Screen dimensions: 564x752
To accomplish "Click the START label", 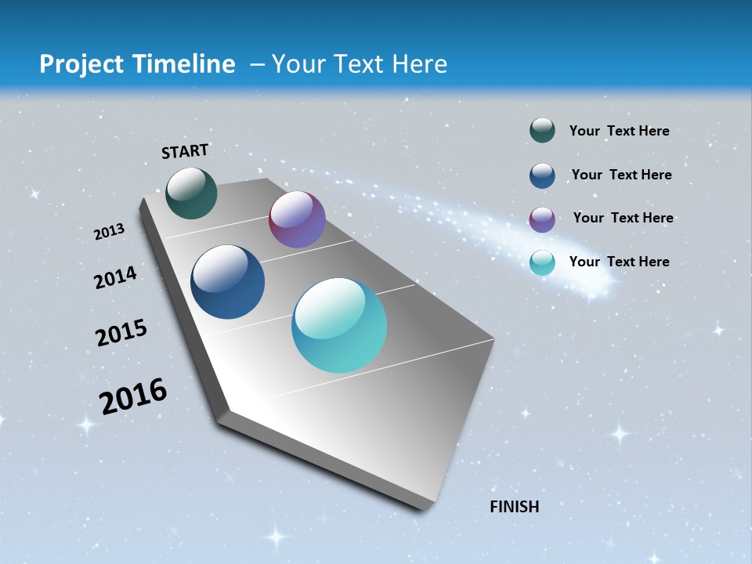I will [185, 151].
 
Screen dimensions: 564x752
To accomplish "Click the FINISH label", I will [515, 507].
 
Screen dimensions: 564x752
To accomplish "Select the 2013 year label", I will [110, 232].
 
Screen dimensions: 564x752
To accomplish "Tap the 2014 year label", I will [116, 278].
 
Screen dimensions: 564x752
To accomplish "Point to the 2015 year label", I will [121, 333].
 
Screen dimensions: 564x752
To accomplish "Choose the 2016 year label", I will [133, 396].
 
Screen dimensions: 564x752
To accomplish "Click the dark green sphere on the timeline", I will [192, 193].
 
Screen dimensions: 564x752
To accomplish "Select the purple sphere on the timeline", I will [297, 219].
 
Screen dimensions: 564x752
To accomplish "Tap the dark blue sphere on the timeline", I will [228, 282].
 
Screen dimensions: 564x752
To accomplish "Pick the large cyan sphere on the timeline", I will [339, 325].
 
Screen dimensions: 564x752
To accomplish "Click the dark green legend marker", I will [542, 131].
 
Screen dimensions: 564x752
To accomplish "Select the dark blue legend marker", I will [542, 175].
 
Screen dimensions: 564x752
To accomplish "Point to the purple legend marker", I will [542, 219].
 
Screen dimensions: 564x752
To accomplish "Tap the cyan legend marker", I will [542, 262].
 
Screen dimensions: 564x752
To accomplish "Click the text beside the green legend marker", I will [619, 131].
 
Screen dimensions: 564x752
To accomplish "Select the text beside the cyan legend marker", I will [619, 262].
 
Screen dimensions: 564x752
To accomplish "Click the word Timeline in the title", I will [185, 64].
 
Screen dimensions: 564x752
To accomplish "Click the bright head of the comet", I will [595, 288].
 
